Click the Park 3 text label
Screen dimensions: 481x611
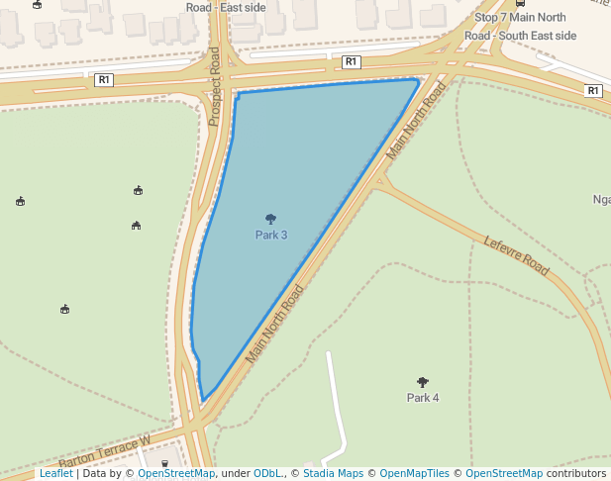tap(271, 236)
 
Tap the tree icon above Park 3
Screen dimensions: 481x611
tap(271, 219)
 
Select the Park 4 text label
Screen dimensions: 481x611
tap(423, 398)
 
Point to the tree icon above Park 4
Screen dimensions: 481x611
tap(423, 381)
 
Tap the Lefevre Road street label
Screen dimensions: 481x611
tap(516, 255)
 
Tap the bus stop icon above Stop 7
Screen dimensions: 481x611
tap(521, 3)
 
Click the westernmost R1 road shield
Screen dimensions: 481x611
tap(104, 79)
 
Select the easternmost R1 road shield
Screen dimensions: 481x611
tap(593, 90)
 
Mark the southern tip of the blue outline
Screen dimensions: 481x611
tap(203, 401)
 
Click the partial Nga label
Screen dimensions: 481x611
tap(601, 199)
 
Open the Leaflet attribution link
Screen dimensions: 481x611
tap(56, 473)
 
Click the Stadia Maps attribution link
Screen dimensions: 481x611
tap(333, 473)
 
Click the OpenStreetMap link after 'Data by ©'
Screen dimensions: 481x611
tap(176, 473)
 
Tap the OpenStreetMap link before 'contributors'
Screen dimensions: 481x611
tap(504, 473)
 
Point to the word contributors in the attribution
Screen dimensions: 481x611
tap(575, 473)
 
